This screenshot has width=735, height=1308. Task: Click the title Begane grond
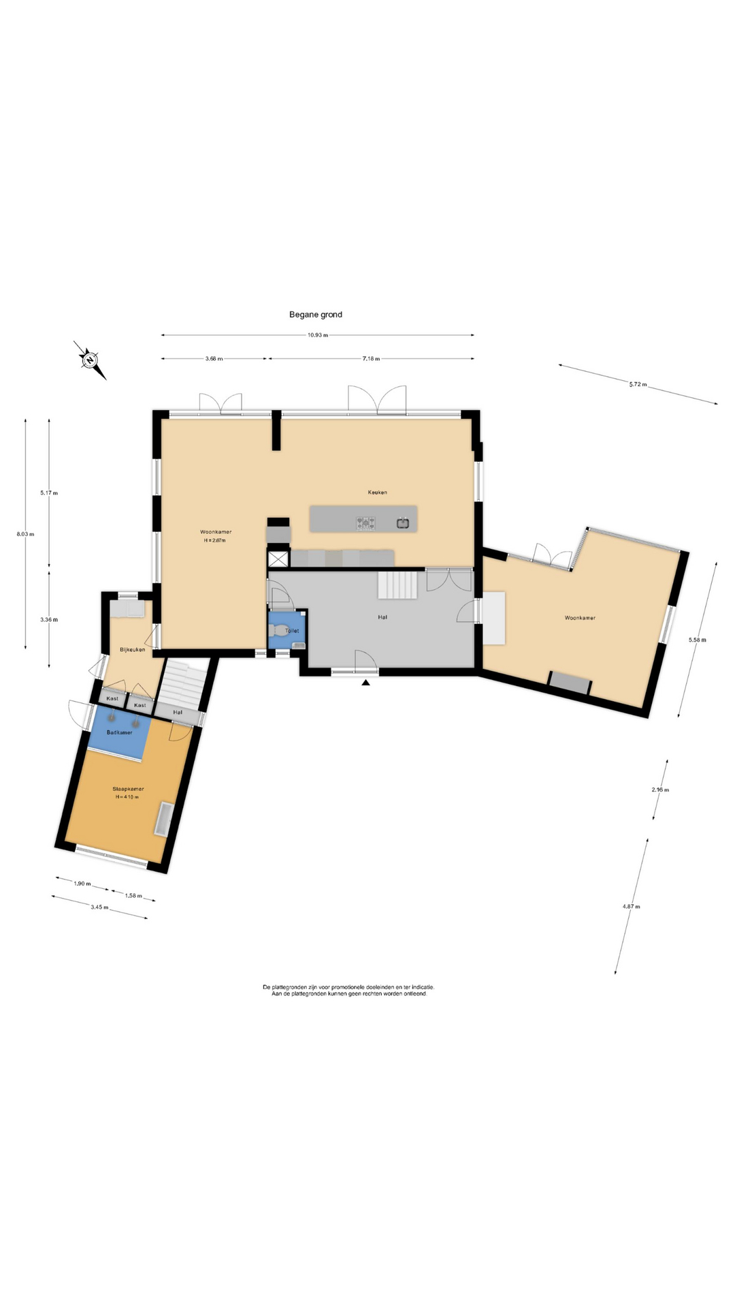(316, 315)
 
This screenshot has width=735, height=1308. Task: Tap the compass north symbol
(89, 359)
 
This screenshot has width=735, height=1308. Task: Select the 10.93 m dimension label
(317, 335)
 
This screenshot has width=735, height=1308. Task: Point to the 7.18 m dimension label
(371, 358)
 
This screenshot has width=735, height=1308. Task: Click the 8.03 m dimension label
(25, 534)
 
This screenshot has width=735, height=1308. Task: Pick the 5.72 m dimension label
(638, 384)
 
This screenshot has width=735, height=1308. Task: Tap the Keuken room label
(377, 492)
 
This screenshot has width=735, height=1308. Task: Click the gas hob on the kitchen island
(365, 523)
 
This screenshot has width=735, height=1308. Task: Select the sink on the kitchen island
(403, 523)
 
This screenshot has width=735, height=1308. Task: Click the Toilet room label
(292, 631)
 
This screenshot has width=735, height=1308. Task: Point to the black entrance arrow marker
(365, 682)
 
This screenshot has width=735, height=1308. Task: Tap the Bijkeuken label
(132, 649)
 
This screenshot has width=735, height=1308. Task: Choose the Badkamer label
(119, 732)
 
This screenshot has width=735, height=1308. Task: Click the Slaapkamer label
(128, 789)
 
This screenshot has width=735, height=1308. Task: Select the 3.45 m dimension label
(99, 907)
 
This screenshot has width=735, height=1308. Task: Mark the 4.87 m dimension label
(631, 906)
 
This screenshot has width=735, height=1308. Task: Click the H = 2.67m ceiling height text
(214, 540)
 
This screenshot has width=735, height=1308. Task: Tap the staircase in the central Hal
(397, 585)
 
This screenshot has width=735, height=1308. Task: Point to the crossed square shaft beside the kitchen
(279, 559)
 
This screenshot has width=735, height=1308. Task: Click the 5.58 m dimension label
(698, 640)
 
